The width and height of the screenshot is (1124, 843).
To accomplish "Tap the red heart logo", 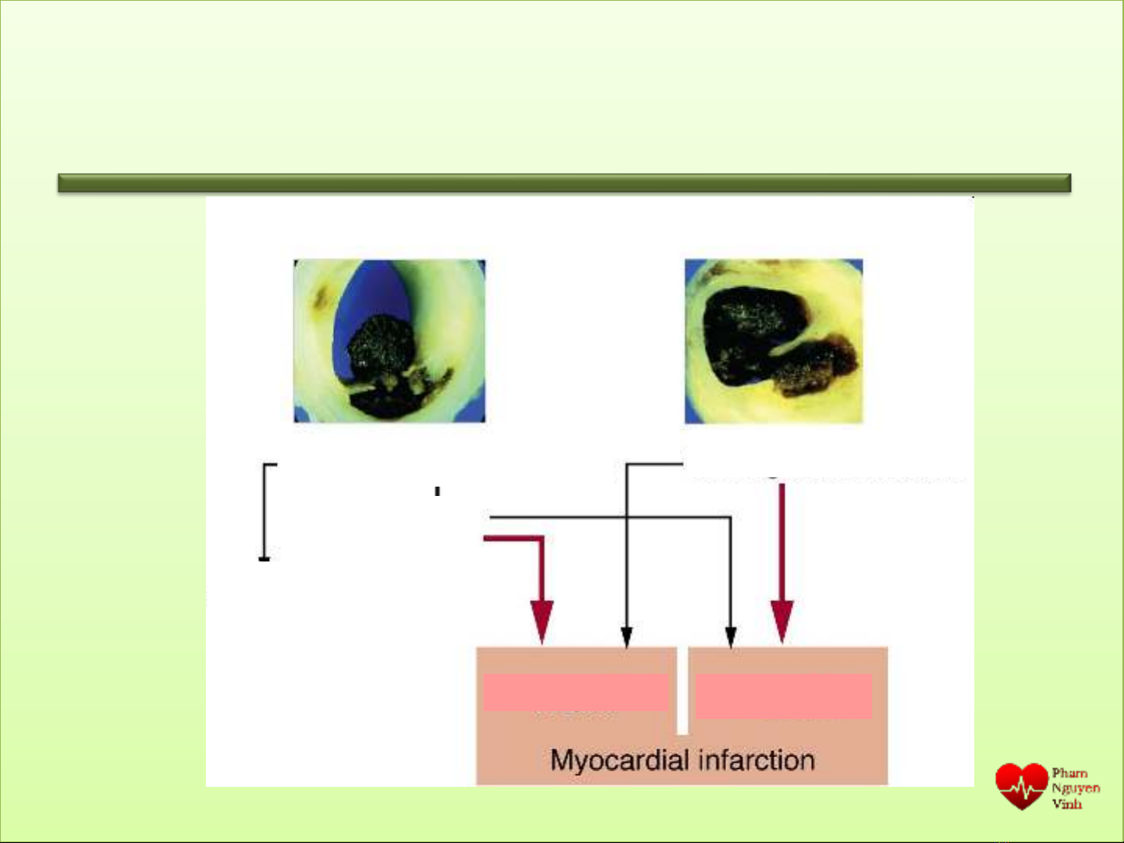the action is pyautogui.click(x=1021, y=786).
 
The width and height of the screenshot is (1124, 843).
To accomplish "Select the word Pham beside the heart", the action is pyautogui.click(x=1069, y=773).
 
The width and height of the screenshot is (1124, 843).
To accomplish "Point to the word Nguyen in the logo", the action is pyautogui.click(x=1076, y=788).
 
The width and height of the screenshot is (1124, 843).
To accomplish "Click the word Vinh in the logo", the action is pyautogui.click(x=1066, y=803).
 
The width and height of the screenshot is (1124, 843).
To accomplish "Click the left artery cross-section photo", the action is pyautogui.click(x=389, y=341).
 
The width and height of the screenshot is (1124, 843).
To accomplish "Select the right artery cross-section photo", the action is pyautogui.click(x=774, y=342).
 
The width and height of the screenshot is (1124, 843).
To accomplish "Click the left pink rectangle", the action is pyautogui.click(x=575, y=692).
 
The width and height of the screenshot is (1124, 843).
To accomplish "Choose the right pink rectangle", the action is pyautogui.click(x=783, y=696).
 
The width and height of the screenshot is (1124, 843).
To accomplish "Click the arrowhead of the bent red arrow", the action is pyautogui.click(x=542, y=622).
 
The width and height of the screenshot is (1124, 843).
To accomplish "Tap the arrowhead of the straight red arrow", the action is pyautogui.click(x=782, y=622).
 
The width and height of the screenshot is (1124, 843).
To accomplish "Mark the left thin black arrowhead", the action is pyautogui.click(x=627, y=637).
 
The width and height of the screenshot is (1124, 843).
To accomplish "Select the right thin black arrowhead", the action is pyautogui.click(x=731, y=637).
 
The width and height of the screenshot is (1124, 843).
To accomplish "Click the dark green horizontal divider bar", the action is pyautogui.click(x=564, y=183).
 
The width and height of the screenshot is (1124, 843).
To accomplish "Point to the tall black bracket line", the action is pyautogui.click(x=264, y=512).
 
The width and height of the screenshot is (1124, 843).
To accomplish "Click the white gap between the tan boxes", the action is pyautogui.click(x=682, y=690).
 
